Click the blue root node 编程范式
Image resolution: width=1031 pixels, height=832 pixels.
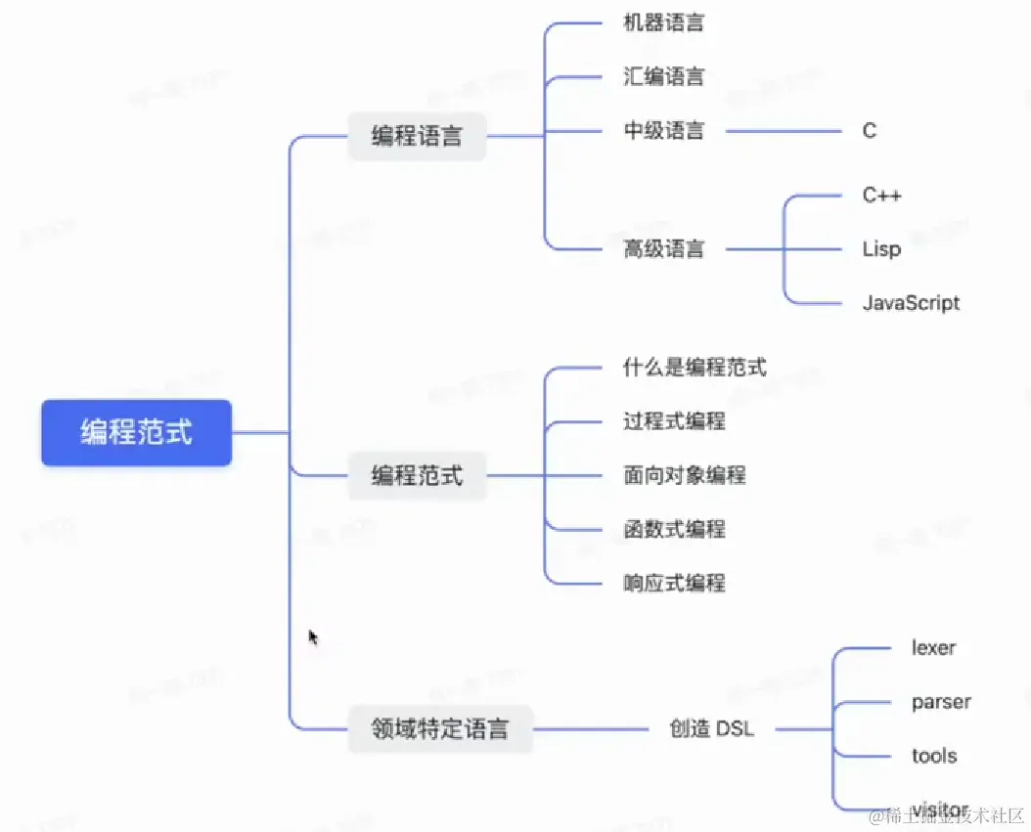point(136,432)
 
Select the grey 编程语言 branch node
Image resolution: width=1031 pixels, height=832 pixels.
point(417,137)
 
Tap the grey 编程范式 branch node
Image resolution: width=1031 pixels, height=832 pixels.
point(417,477)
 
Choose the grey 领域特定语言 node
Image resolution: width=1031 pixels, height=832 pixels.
point(440,728)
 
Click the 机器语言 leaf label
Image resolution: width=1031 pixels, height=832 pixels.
point(663,23)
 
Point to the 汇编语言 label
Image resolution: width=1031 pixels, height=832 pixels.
point(663,77)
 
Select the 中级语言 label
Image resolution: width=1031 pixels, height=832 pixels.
point(663,131)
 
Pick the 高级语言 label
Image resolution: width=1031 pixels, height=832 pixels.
point(663,249)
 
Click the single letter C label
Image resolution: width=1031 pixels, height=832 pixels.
point(870,131)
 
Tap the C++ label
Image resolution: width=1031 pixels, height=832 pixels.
point(881,196)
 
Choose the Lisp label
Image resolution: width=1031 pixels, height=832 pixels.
point(881,249)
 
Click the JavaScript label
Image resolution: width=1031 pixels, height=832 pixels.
point(911,303)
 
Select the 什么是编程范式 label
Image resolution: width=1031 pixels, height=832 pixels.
point(695,368)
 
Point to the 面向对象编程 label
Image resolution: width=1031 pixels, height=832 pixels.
point(685,476)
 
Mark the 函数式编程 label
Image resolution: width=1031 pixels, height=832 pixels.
point(674,530)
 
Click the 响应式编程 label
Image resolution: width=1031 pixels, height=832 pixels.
point(674,584)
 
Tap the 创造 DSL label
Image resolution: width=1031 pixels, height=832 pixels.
point(711,728)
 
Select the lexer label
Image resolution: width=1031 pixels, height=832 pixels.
point(933,648)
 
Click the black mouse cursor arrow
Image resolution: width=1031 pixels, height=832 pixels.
point(313,637)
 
